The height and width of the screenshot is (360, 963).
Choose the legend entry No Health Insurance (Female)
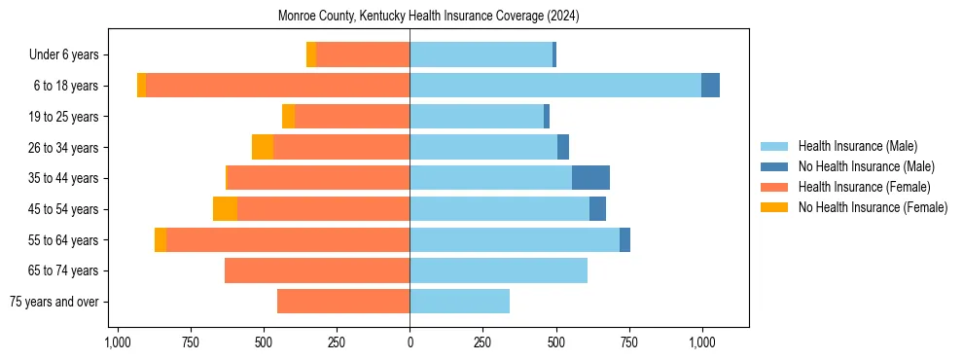tap(873, 207)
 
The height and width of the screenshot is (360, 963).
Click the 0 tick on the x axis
tap(410, 342)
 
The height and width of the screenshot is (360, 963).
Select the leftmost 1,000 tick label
tap(117, 342)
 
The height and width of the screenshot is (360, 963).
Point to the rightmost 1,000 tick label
tap(702, 342)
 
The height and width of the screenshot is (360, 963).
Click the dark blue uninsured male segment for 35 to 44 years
tap(590, 178)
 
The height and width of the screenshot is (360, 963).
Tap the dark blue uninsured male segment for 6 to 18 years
tap(710, 86)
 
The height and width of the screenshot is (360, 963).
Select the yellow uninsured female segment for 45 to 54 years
tap(225, 209)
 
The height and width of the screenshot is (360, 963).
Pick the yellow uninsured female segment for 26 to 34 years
tap(263, 147)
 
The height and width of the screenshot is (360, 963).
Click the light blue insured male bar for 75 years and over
tap(459, 302)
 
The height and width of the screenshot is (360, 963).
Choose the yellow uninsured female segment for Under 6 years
tap(311, 55)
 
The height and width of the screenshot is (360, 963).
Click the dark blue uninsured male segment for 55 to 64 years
tap(624, 239)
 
